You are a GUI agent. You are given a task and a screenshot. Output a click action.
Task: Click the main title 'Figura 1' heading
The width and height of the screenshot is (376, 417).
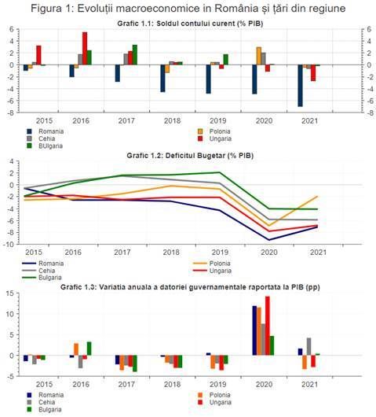pyautogui.click(x=188, y=8)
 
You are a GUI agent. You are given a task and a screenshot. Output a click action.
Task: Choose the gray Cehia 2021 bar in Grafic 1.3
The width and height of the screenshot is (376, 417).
pyautogui.click(x=308, y=346)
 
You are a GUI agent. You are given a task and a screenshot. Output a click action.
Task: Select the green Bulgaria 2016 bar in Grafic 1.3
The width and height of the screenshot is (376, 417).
pyautogui.click(x=89, y=349)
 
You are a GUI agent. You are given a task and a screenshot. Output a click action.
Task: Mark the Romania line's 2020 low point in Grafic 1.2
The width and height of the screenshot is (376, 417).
pyautogui.click(x=270, y=240)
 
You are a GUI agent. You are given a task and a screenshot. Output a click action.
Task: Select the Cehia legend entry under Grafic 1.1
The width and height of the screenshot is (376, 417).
pyautogui.click(x=48, y=138)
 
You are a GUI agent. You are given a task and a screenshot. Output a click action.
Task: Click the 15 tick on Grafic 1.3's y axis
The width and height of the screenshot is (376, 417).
pyautogui.click(x=9, y=293)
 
